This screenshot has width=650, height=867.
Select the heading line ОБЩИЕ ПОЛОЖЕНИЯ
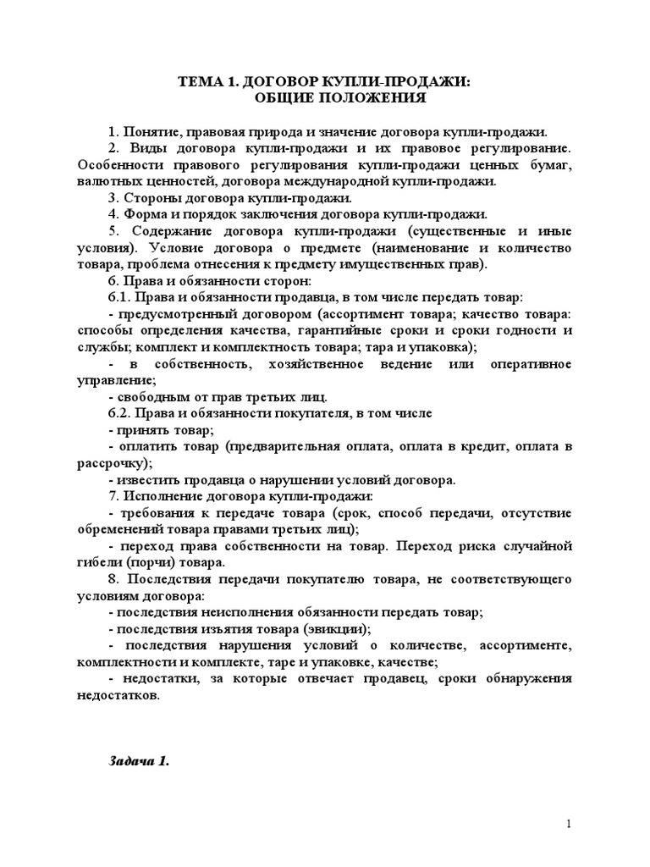[328, 98]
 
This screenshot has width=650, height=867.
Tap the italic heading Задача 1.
[140, 760]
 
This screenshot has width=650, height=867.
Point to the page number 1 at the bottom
[570, 824]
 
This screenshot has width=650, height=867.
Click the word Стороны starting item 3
[151, 198]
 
